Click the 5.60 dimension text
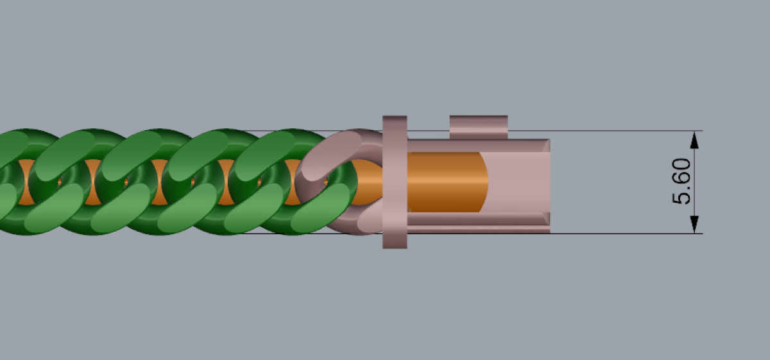[x=681, y=181]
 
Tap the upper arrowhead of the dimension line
[x=694, y=141]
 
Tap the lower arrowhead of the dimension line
[x=694, y=225]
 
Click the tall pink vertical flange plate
[x=395, y=182]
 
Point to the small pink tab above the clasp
[x=479, y=127]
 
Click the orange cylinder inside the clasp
[x=447, y=182]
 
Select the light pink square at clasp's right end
[x=519, y=182]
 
